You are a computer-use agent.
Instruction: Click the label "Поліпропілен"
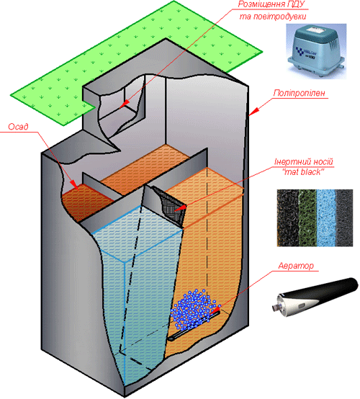(x=300, y=93)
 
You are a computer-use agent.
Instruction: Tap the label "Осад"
(x=18, y=127)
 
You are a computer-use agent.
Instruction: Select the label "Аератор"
(x=296, y=266)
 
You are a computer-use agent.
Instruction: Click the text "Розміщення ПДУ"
(x=271, y=4)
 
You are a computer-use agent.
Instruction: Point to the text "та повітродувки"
(x=273, y=17)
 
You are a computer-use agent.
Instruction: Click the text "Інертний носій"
(x=304, y=161)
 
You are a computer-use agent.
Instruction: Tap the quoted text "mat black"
(x=303, y=172)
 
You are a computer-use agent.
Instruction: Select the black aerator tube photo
(x=315, y=297)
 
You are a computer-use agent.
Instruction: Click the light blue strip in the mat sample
(x=326, y=218)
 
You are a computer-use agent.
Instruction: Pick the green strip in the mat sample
(x=307, y=218)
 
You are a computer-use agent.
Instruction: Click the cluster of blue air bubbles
(x=194, y=308)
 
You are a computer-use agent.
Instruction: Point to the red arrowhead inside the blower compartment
(x=125, y=104)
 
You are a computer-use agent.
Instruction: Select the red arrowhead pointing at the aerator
(x=215, y=310)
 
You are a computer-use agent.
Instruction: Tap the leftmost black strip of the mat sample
(x=288, y=218)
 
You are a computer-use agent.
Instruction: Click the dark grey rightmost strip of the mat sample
(x=344, y=218)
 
